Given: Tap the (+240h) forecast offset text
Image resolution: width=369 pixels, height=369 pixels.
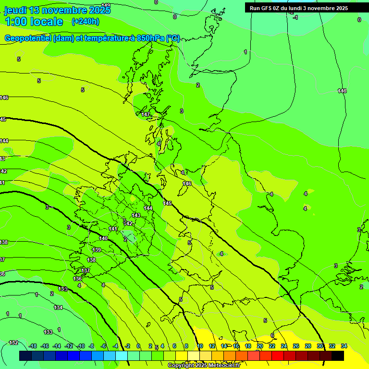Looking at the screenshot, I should tap(86, 21).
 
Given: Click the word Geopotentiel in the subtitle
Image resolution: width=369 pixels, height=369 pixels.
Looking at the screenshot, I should tap(28, 38).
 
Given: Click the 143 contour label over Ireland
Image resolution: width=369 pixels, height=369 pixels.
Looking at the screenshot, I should tap(136, 215).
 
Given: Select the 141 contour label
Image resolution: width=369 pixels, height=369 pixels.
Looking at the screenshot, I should tap(113, 229).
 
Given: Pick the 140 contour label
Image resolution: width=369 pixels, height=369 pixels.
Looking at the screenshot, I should tap(103, 238).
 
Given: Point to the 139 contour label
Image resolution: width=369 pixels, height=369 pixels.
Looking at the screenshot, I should tap(97, 250).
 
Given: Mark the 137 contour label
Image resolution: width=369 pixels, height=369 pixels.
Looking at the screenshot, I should tap(86, 271).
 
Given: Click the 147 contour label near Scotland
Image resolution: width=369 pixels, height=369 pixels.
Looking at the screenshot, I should tap(146, 114).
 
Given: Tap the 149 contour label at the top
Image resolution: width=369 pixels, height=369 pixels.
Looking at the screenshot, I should tap(106, 5).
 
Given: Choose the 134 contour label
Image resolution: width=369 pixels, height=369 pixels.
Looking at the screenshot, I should tap(58, 307).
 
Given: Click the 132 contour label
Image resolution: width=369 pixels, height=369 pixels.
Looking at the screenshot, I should tap(13, 343).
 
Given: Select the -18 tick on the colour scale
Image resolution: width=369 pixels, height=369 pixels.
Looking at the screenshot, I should tap(33, 346).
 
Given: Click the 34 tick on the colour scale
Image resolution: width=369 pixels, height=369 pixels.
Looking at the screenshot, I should tap(344, 346).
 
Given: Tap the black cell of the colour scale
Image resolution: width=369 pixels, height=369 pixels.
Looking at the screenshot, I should tap(338, 356).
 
